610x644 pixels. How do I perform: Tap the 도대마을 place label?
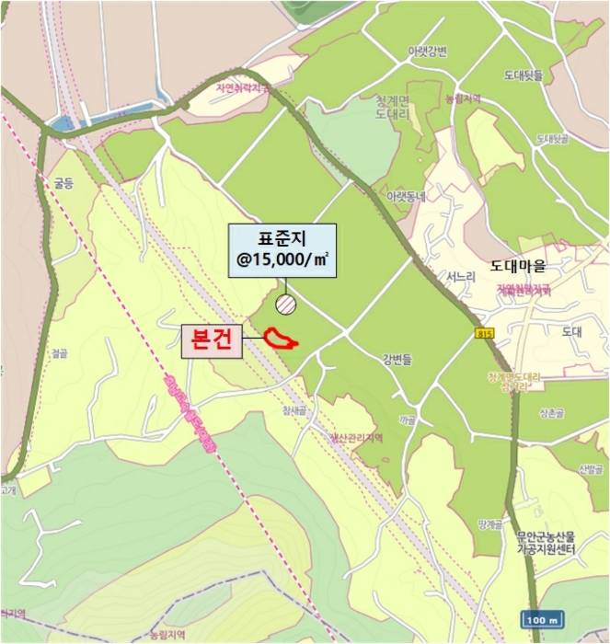(518, 267)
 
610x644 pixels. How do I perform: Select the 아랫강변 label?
(427, 52)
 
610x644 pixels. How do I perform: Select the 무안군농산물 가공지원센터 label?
(545, 543)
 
